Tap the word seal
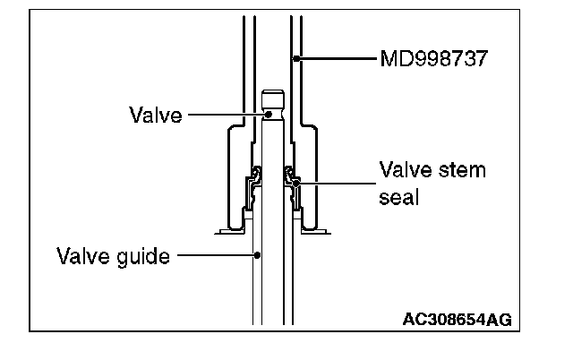[398, 195]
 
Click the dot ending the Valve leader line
[267, 115]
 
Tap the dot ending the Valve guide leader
[257, 255]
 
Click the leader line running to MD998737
[336, 58]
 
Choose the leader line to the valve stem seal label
[336, 182]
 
